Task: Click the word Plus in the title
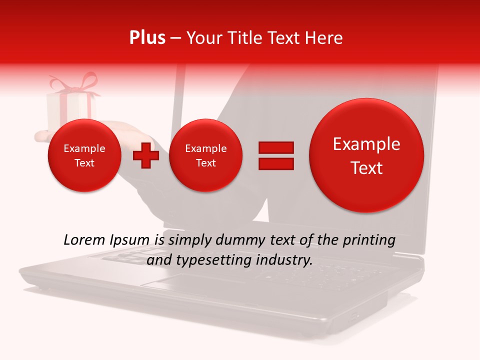[147, 38]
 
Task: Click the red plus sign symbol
[146, 155]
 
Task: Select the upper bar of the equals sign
[276, 147]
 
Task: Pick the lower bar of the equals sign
[276, 164]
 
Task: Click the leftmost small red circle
[84, 155]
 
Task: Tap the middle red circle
[205, 155]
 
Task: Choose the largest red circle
[366, 155]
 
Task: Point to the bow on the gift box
[75, 83]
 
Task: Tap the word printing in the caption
[369, 240]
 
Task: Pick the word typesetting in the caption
[211, 260]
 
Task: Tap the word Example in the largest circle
[366, 144]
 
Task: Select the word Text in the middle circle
[205, 163]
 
